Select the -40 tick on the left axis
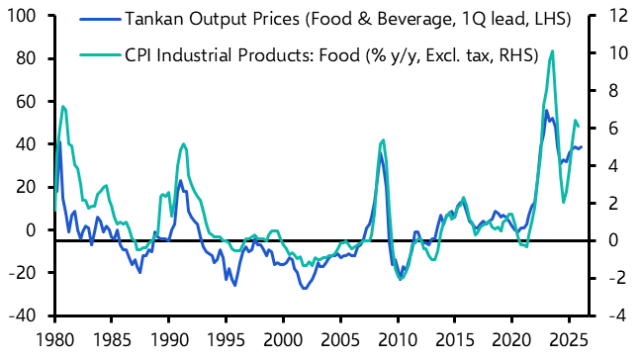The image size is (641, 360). click(x=23, y=315)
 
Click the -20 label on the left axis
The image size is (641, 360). click(x=23, y=273)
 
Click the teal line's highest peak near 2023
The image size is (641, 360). click(x=551, y=50)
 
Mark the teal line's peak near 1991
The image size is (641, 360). click(x=183, y=144)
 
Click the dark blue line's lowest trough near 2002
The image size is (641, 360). click(x=304, y=288)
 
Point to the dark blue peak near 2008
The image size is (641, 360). click(x=380, y=151)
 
